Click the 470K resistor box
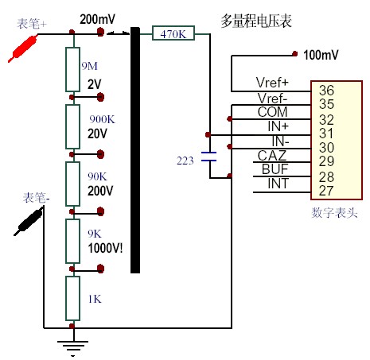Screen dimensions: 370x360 [x=173, y=33]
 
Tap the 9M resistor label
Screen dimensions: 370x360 [x=90, y=66]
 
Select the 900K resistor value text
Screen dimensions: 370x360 [x=102, y=119]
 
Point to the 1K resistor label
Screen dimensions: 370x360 [x=95, y=299]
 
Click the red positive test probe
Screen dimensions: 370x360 [x=23, y=48]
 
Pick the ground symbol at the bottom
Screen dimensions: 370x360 [x=72, y=346]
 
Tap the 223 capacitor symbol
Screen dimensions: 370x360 [x=209, y=157]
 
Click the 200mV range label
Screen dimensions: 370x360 [x=97, y=19]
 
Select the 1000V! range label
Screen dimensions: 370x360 [x=105, y=248]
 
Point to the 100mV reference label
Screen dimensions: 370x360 [x=321, y=55]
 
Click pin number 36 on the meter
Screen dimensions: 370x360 [x=326, y=91]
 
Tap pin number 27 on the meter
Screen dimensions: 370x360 [x=326, y=191]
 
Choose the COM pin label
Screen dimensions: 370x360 [x=272, y=112]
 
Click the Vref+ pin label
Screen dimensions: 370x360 [x=272, y=83]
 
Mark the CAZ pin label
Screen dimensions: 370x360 [x=272, y=156]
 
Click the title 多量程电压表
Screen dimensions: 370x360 [x=256, y=21]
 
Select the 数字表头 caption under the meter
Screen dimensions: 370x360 [x=334, y=212]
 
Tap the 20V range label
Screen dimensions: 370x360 [x=97, y=134]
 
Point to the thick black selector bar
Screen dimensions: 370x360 [x=135, y=150]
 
